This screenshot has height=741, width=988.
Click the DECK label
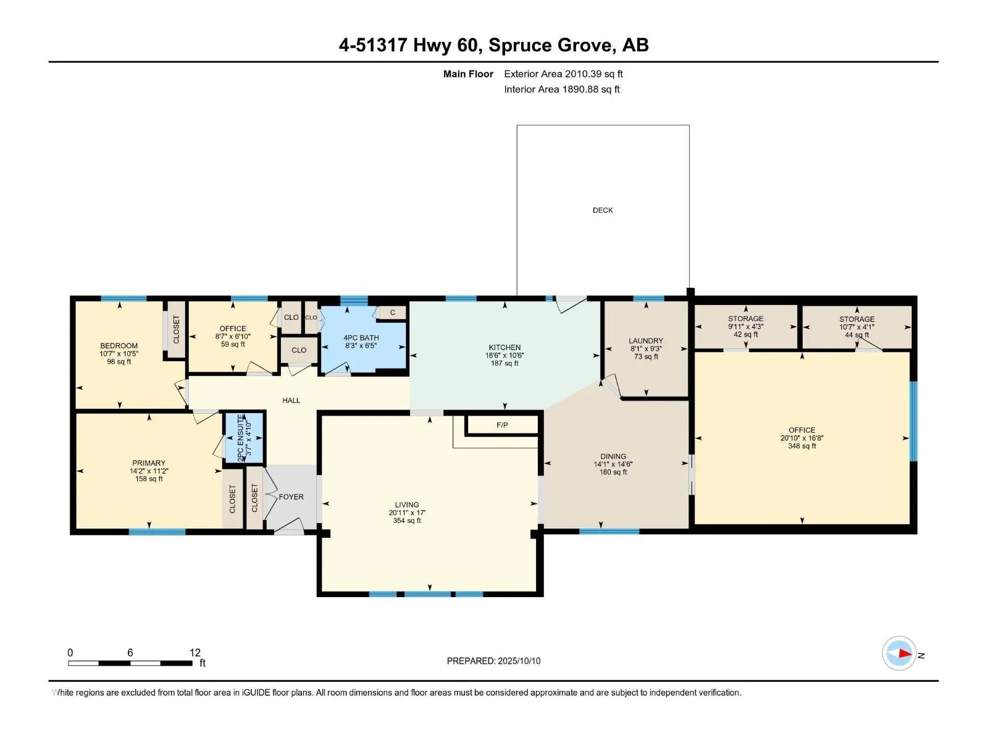point(602,210)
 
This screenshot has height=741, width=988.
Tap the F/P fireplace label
point(502,425)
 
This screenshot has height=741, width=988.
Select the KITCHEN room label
point(504,347)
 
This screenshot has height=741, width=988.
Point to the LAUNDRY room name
point(646,341)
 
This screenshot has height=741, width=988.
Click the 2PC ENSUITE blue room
point(243,437)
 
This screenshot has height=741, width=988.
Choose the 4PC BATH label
point(361,337)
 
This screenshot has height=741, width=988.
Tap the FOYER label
point(291,496)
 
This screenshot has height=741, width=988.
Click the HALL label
point(291,400)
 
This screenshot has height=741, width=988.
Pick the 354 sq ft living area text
point(407,521)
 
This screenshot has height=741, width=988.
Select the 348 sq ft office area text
point(802,446)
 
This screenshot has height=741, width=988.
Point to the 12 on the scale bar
point(195,652)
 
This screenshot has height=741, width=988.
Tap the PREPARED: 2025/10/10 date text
point(493,661)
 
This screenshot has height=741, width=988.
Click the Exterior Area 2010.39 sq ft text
point(563,73)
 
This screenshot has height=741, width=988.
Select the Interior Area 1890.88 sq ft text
point(562,89)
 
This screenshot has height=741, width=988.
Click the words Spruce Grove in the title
point(550,45)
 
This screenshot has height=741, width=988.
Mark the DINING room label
point(613,456)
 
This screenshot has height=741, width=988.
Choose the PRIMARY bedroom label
point(149,463)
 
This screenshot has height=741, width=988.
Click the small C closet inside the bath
point(393,312)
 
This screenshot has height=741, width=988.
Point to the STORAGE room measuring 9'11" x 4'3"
point(745,327)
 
